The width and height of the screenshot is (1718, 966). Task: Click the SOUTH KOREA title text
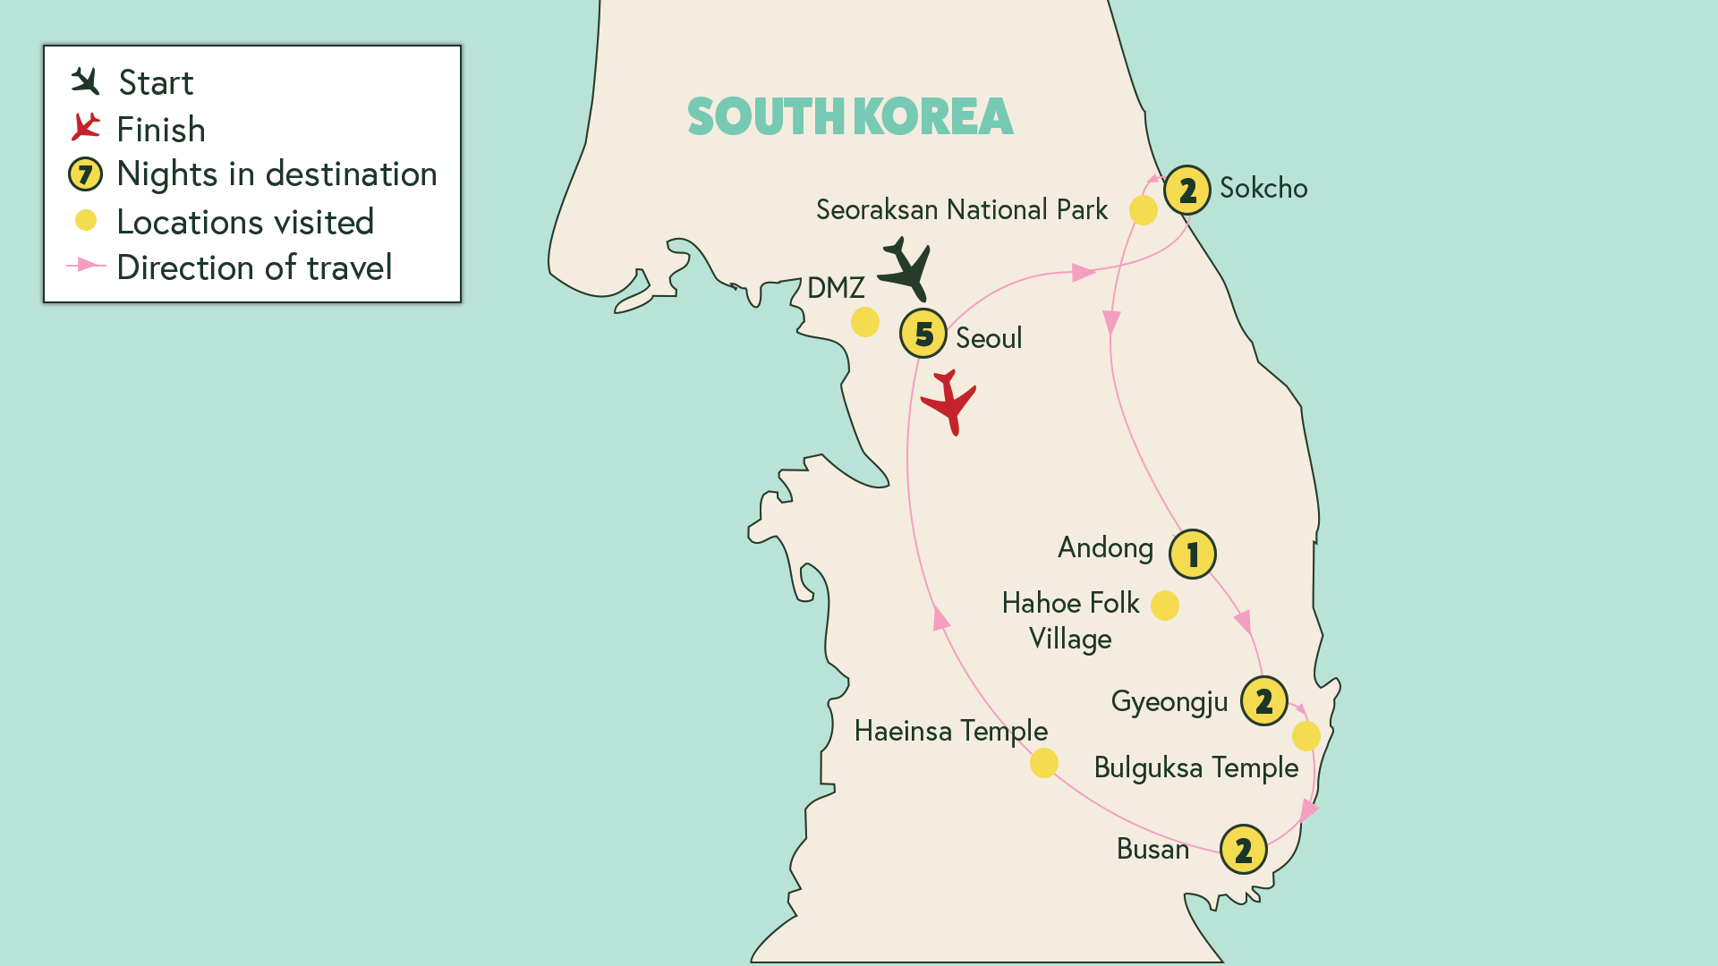(x=850, y=117)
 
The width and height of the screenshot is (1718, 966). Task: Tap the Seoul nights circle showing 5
(x=923, y=334)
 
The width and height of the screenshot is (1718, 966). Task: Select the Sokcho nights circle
(x=1187, y=190)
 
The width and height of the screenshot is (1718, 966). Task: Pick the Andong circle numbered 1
(x=1192, y=554)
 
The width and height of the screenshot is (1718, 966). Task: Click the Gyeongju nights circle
(x=1263, y=701)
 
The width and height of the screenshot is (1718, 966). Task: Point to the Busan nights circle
(x=1243, y=850)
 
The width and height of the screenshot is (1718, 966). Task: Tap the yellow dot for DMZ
(x=864, y=322)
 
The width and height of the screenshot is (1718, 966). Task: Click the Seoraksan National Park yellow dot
(x=1143, y=211)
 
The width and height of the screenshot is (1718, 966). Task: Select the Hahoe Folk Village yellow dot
(x=1164, y=606)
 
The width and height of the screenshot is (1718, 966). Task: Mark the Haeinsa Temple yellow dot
(x=1043, y=763)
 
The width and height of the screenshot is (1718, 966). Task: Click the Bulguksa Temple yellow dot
(x=1306, y=736)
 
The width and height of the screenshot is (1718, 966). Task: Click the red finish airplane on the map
(x=949, y=402)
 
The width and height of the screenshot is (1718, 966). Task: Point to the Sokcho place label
(x=1263, y=189)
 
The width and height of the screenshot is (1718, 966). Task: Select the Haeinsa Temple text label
(x=950, y=731)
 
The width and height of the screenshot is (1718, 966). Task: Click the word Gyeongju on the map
(x=1169, y=702)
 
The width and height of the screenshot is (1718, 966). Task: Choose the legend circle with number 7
(x=85, y=174)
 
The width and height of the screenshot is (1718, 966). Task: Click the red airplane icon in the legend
(x=85, y=128)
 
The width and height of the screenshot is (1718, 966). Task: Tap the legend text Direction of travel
(x=254, y=267)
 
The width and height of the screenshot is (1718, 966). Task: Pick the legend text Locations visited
(x=245, y=222)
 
